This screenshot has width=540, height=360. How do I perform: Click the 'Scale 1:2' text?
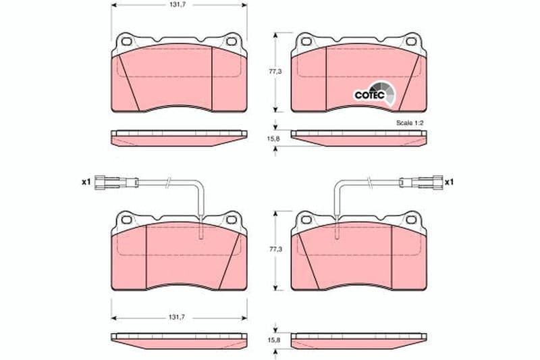410,123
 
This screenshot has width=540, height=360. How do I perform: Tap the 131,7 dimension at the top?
179,5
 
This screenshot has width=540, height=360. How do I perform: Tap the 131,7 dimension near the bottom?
179,317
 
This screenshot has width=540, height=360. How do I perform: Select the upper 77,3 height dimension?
275,72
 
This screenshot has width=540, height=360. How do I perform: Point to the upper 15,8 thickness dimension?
275,138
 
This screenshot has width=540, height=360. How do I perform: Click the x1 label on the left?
86,182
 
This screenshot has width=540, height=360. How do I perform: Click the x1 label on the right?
449,182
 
